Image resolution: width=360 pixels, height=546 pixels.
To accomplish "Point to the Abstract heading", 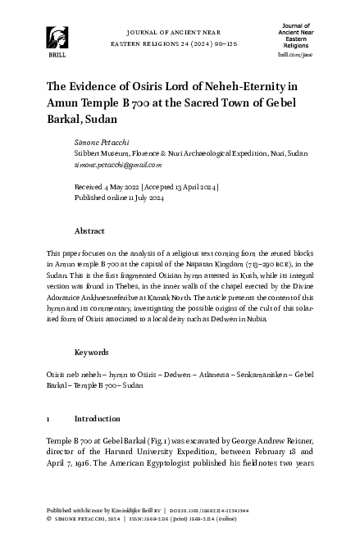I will coord(89,231).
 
